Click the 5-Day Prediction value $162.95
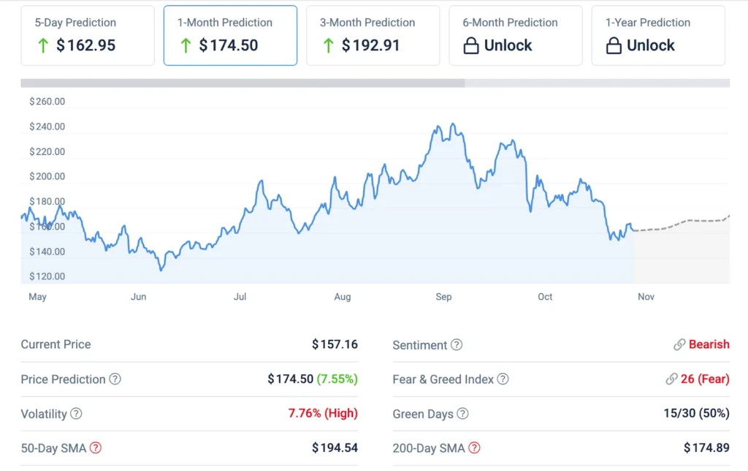(x=85, y=45)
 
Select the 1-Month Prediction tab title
(x=224, y=23)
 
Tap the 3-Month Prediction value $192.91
(x=370, y=45)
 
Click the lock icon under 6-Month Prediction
(x=471, y=45)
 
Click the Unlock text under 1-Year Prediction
(x=650, y=45)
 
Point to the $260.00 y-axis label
(x=47, y=102)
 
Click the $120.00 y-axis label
(x=47, y=276)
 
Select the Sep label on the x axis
(x=443, y=297)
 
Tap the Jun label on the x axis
(x=138, y=297)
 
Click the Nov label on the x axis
(x=646, y=297)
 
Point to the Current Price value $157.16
(x=335, y=344)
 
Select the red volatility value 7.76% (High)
(x=323, y=413)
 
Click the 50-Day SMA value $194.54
(x=335, y=448)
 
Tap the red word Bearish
(x=709, y=344)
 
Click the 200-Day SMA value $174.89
(x=706, y=448)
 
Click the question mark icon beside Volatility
(x=76, y=414)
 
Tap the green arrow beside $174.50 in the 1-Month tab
(x=186, y=45)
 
